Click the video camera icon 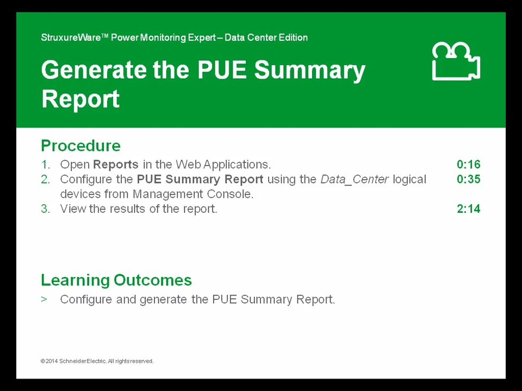pos(456,62)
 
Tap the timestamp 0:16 pos(468,165)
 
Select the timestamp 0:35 pos(468,179)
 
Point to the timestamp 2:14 pos(468,209)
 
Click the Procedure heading pos(80,146)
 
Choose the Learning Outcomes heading pos(116,280)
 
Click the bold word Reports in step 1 pos(116,165)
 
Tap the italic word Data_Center pos(354,179)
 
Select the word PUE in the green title pos(222,71)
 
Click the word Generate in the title pos(94,71)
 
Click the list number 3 pos(45,209)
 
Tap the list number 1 pos(45,165)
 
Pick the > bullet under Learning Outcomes pos(44,299)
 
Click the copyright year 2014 pos(51,361)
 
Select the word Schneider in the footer pos(72,361)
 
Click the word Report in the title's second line pos(80,99)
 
